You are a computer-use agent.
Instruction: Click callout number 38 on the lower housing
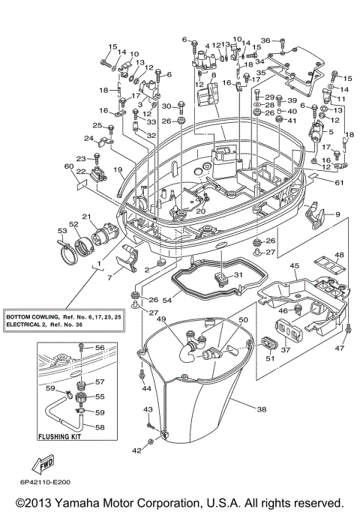pos(262,410)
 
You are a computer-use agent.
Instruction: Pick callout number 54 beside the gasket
pos(167,300)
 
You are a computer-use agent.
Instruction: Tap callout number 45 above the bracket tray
pos(295,266)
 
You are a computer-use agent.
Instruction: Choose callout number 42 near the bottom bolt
pos(136,451)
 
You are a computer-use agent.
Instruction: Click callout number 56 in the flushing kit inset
pos(100,347)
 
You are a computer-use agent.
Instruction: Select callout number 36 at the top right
pos(265,40)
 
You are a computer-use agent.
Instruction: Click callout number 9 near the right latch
pos(337,215)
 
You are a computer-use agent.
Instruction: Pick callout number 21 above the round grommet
pos(85,217)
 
